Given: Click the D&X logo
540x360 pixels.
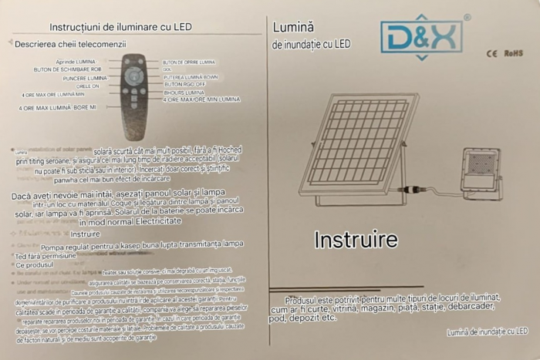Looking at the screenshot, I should (x=421, y=37).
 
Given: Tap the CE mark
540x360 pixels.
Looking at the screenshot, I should (x=491, y=54).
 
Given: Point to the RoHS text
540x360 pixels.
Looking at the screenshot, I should (x=515, y=54).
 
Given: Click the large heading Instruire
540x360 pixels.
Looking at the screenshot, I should (x=356, y=240).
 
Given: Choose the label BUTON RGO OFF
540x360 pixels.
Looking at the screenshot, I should (x=184, y=84).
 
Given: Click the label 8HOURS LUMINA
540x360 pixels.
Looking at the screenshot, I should (x=184, y=93).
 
